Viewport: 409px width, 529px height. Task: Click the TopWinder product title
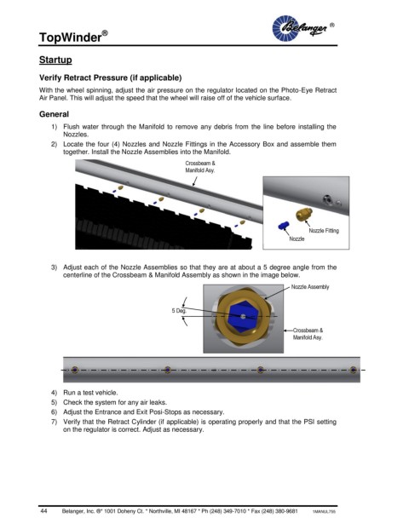(73, 37)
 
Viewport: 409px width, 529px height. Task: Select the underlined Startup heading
(55, 60)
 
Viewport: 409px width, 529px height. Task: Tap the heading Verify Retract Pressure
(111, 78)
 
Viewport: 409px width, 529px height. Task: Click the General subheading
(54, 114)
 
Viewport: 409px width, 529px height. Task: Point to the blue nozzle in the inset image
(284, 226)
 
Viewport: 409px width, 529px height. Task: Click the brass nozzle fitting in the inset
(303, 214)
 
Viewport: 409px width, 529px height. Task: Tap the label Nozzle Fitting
(324, 231)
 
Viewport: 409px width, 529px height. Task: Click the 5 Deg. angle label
(179, 311)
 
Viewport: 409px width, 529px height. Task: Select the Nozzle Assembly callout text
(310, 287)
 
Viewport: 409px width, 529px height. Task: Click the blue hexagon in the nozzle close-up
(243, 317)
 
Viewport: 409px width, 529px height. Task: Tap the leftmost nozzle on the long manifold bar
(75, 370)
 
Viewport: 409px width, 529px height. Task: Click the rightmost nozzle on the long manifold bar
(353, 370)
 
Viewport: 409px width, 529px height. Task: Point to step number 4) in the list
(54, 393)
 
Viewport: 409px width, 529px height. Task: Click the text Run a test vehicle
(90, 393)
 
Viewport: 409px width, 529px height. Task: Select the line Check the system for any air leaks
(115, 402)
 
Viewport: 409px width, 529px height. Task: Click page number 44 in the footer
(43, 511)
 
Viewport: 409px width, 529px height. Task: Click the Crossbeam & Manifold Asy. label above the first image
(200, 167)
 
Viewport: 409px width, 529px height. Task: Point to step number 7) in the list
(54, 422)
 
